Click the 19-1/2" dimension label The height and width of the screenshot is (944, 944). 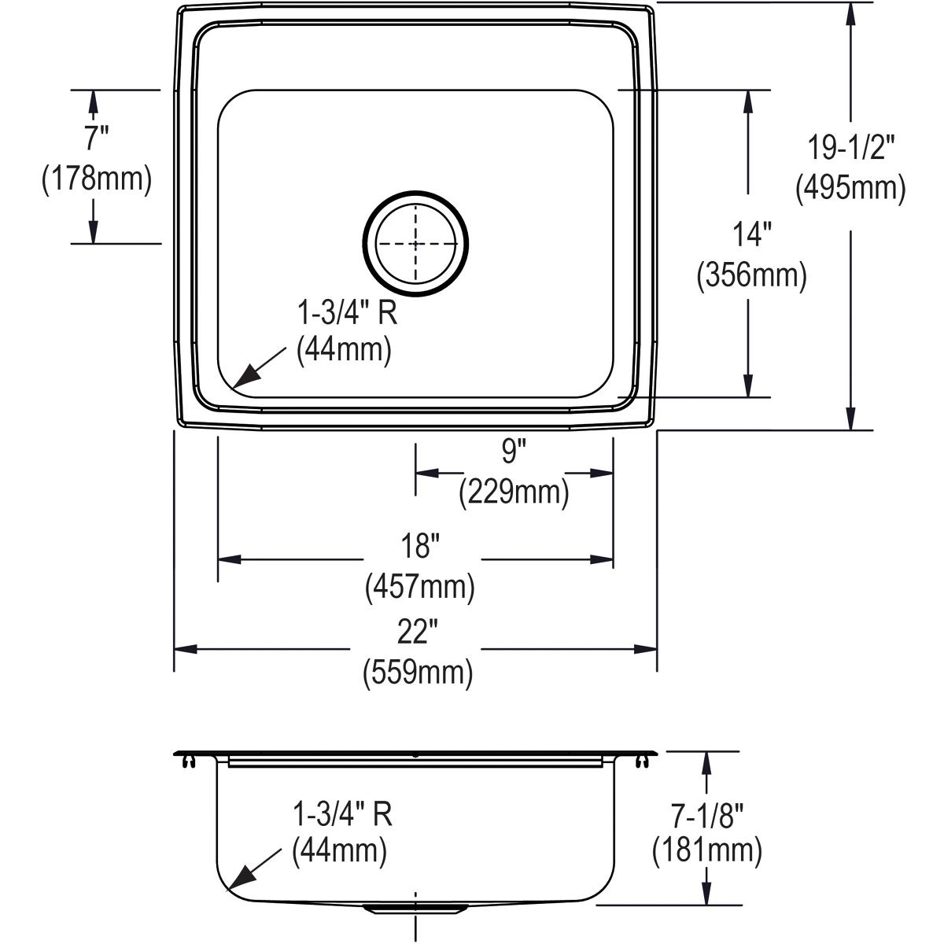tap(851, 147)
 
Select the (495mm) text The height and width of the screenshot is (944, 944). tap(850, 189)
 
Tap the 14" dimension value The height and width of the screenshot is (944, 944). tap(751, 234)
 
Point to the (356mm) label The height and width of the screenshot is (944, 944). tap(751, 276)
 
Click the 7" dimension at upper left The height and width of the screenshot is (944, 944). tap(95, 138)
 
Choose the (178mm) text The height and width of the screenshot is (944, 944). tap(95, 179)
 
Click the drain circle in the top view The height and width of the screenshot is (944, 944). tap(415, 245)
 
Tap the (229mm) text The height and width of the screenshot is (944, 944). tap(514, 493)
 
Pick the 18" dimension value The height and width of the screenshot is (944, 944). tap(420, 545)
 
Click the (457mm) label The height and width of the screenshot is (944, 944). tap(420, 587)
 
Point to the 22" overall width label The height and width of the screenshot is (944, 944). tap(418, 631)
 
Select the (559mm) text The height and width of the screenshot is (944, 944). tap(418, 673)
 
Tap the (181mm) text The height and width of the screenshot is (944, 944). tap(706, 850)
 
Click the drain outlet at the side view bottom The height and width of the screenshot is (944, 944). tap(415, 908)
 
